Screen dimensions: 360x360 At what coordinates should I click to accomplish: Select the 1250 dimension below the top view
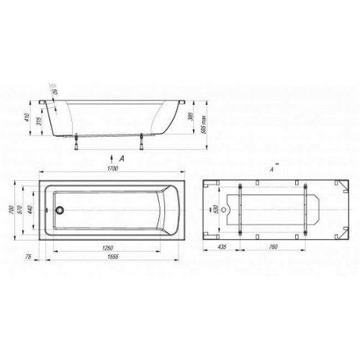(x=105, y=247)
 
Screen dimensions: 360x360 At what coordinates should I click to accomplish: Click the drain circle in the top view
(x=60, y=211)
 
